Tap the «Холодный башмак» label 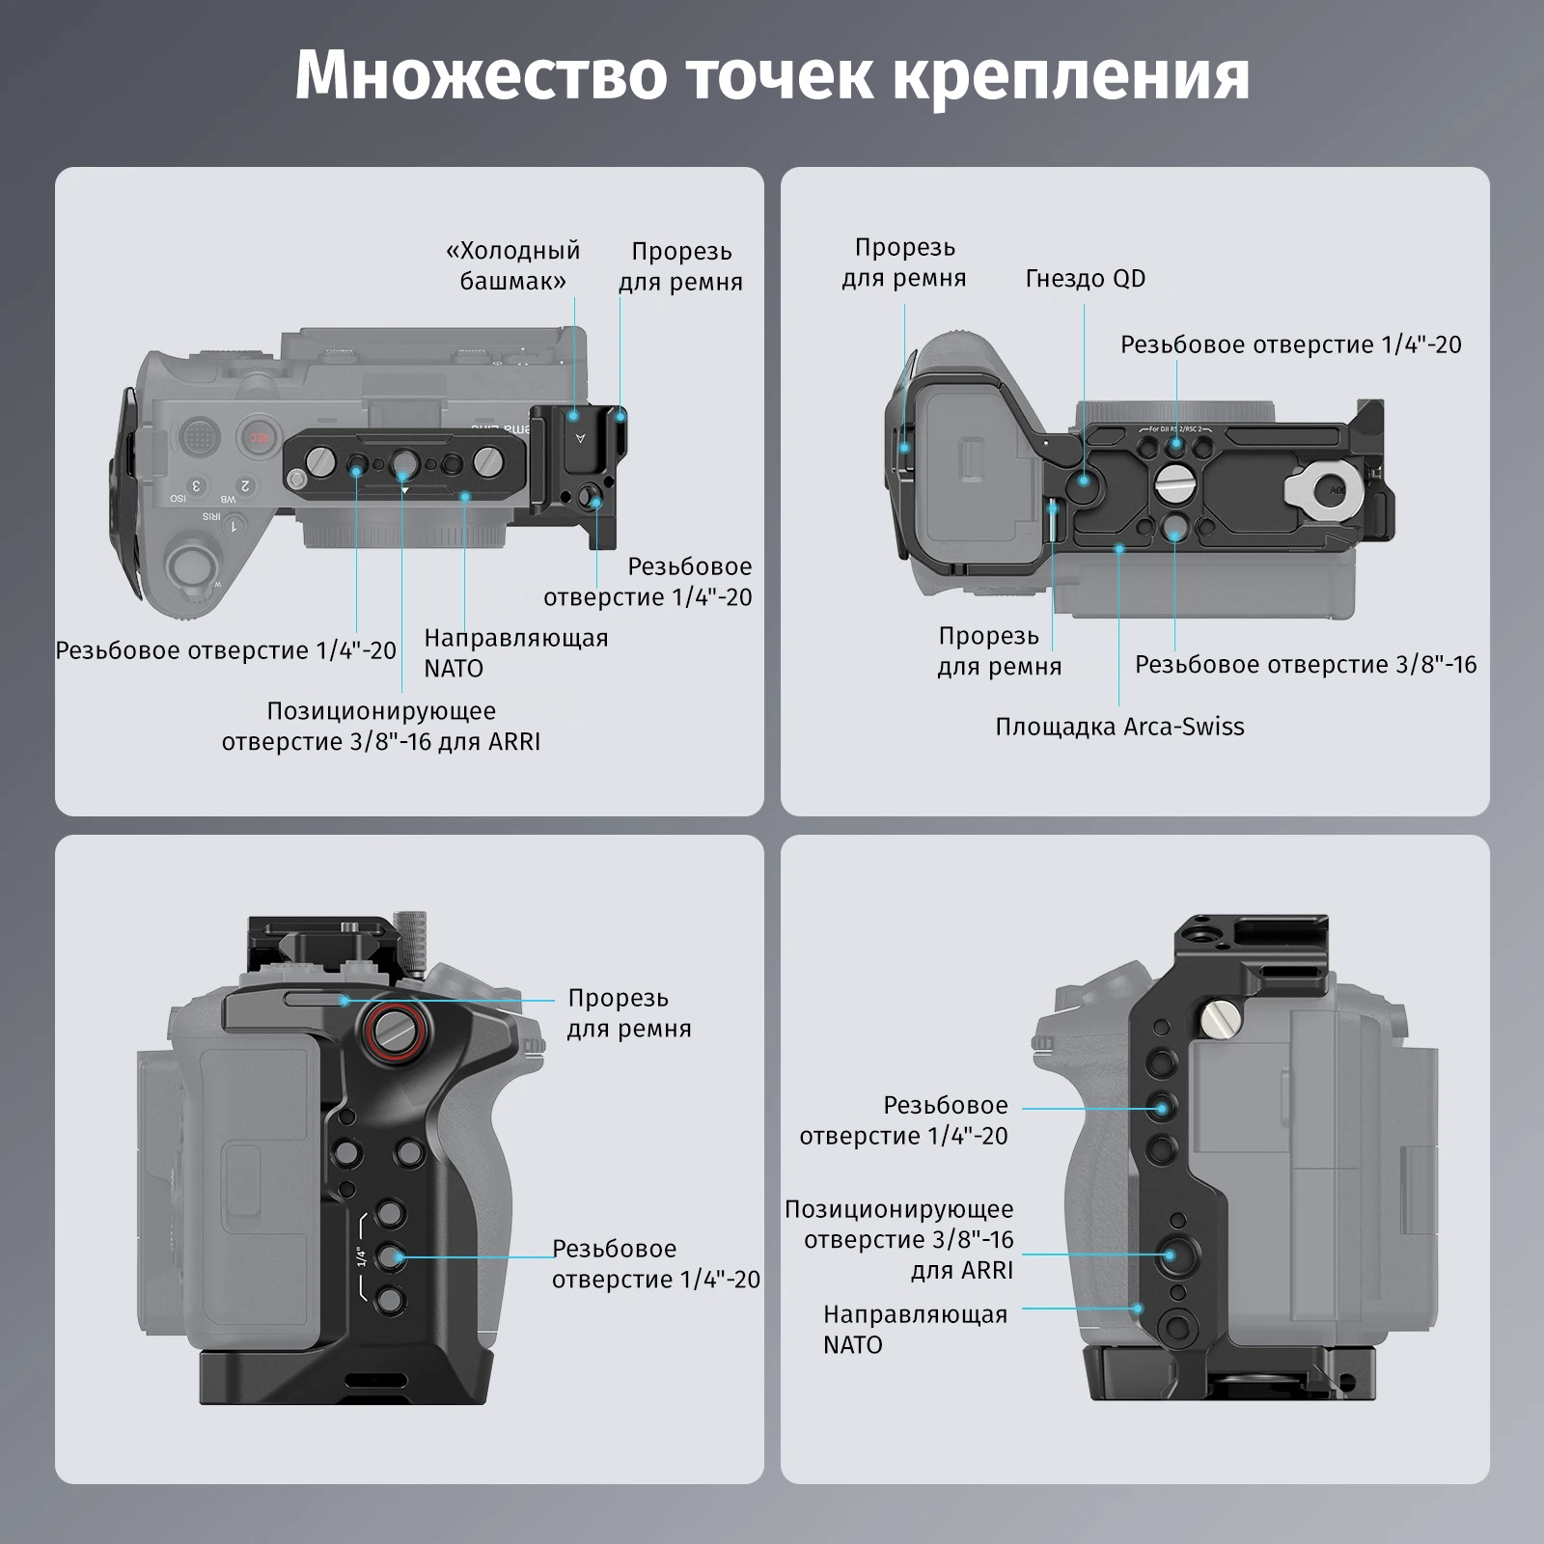click(x=512, y=265)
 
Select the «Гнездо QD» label click(x=1086, y=279)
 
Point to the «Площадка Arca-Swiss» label click(x=1119, y=727)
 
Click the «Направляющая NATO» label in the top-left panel click(x=516, y=653)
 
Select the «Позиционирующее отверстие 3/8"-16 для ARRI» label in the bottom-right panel click(x=899, y=1240)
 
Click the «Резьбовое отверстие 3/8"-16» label click(x=1306, y=665)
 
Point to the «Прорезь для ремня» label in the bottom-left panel click(x=628, y=1013)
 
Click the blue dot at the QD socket click(x=1085, y=480)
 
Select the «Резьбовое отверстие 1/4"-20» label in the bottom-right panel click(x=903, y=1120)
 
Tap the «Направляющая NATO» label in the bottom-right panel click(x=915, y=1330)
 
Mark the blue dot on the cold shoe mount click(x=574, y=416)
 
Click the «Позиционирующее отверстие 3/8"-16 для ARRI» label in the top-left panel click(x=381, y=727)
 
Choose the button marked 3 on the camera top click(x=197, y=485)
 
